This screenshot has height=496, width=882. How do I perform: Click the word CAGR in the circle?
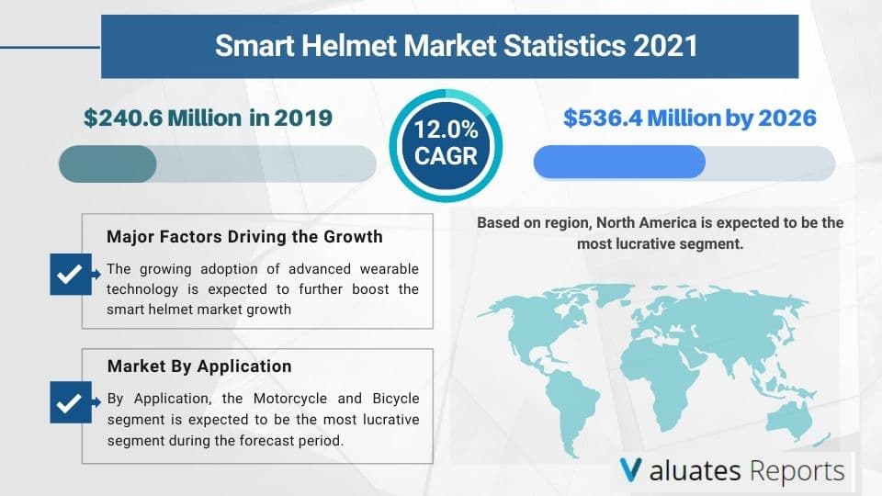click(445, 156)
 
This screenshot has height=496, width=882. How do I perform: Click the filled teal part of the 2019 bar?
click(107, 163)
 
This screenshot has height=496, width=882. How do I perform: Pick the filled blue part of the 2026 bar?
click(618, 162)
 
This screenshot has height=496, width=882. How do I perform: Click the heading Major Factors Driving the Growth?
click(244, 237)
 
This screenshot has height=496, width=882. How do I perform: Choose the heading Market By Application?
click(199, 366)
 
